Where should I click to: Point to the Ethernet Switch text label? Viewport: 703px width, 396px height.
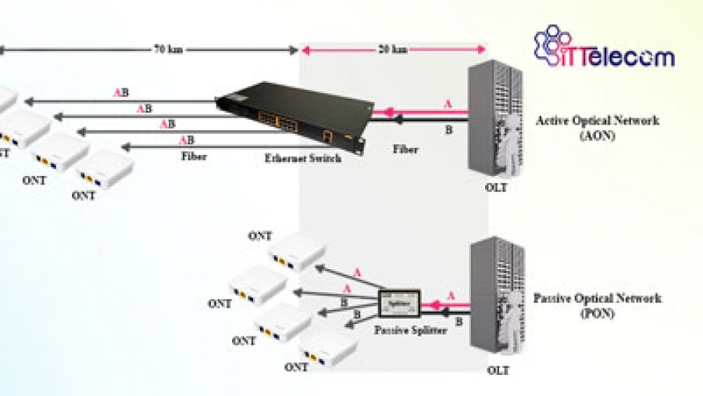(302, 158)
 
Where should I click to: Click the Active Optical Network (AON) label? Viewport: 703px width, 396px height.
(597, 127)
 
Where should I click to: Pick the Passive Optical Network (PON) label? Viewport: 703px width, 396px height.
(597, 304)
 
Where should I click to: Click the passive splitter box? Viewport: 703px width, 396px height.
(399, 301)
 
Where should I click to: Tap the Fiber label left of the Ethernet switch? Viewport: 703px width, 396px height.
(194, 156)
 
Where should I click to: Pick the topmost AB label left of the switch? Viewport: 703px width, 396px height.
(121, 92)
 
